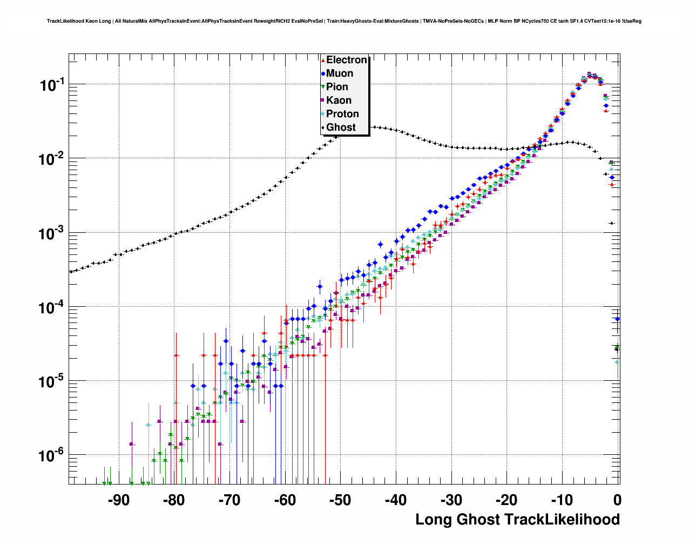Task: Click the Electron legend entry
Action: pyautogui.click(x=346, y=60)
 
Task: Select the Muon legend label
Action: pyautogui.click(x=340, y=73)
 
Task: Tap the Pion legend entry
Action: pyautogui.click(x=337, y=87)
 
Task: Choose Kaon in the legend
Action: pyautogui.click(x=339, y=100)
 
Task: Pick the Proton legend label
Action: pyautogui.click(x=342, y=114)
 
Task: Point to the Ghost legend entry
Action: pyautogui.click(x=341, y=127)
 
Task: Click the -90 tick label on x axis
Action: pyautogui.click(x=119, y=500)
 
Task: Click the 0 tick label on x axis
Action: pyautogui.click(x=617, y=500)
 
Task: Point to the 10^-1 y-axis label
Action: pyautogui.click(x=52, y=85)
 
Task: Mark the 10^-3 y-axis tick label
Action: pyautogui.click(x=52, y=234)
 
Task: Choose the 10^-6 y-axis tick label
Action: pyautogui.click(x=52, y=456)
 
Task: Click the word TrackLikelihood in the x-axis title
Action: pyautogui.click(x=562, y=520)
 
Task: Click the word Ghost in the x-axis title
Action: pyautogui.click(x=478, y=520)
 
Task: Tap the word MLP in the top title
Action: pyautogui.click(x=492, y=21)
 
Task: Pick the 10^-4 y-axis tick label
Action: pyautogui.click(x=52, y=308)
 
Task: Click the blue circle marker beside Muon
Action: pyautogui.click(x=323, y=73)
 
